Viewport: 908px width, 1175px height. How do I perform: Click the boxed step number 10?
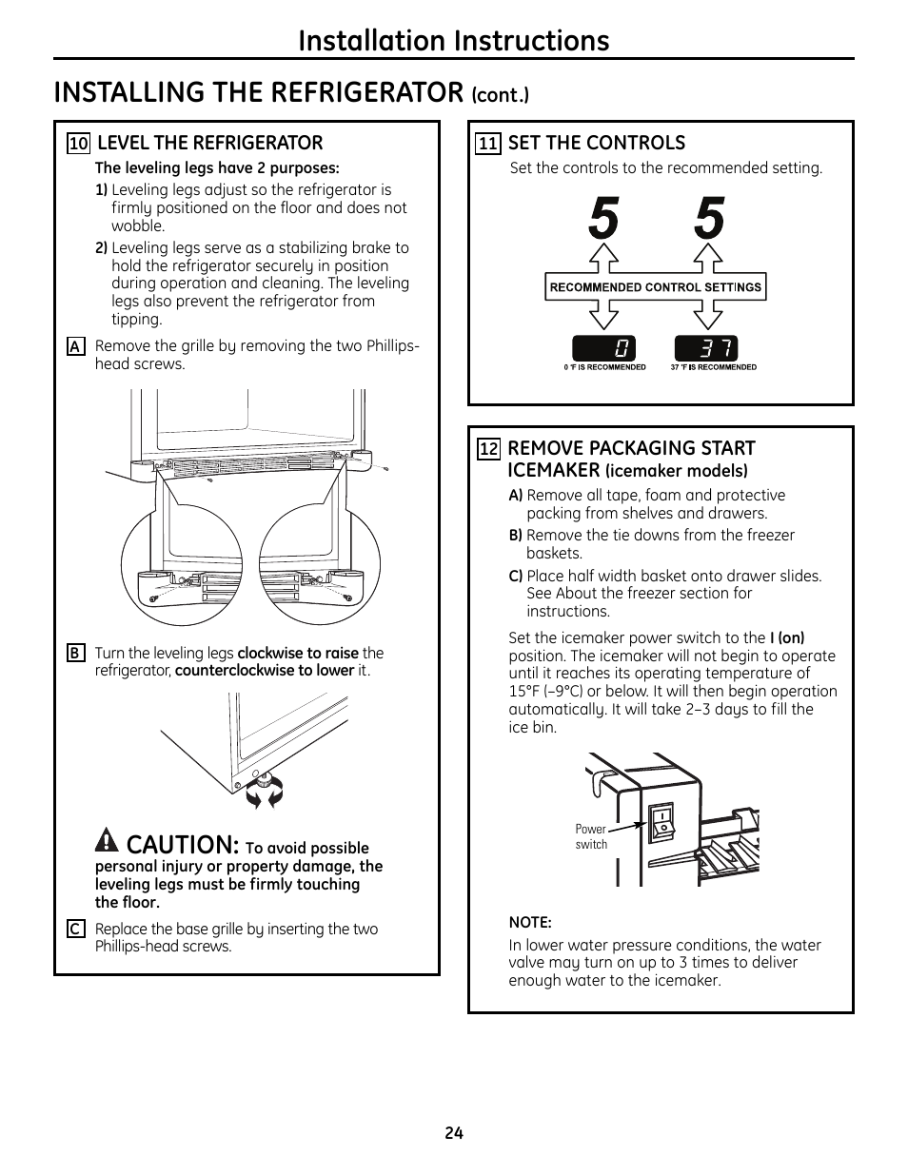coord(78,144)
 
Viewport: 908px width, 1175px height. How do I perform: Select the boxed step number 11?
coord(488,144)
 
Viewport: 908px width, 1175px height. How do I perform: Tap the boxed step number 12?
coord(488,449)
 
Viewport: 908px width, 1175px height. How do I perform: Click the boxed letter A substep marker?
coord(75,347)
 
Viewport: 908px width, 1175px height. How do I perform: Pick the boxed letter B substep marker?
coord(75,654)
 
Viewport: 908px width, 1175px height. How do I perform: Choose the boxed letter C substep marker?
coord(75,930)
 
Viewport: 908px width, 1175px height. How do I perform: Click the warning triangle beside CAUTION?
coord(107,841)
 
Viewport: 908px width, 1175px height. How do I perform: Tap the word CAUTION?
coord(182,844)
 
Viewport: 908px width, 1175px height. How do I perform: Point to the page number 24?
coord(453,1133)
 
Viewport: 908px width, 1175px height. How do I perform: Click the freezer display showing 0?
coord(603,348)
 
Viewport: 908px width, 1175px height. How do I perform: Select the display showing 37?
coord(706,348)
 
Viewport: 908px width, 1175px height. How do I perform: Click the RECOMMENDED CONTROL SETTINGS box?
coord(656,287)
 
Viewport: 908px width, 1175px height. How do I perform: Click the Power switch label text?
coord(591,837)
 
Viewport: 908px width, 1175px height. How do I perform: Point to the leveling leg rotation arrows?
coord(265,790)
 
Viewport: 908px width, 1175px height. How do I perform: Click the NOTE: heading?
coord(530,922)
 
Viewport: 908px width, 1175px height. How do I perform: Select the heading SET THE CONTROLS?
coord(596,143)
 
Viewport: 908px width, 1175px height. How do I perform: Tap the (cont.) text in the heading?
coord(500,94)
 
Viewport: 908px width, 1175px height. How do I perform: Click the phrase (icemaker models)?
coord(676,471)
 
